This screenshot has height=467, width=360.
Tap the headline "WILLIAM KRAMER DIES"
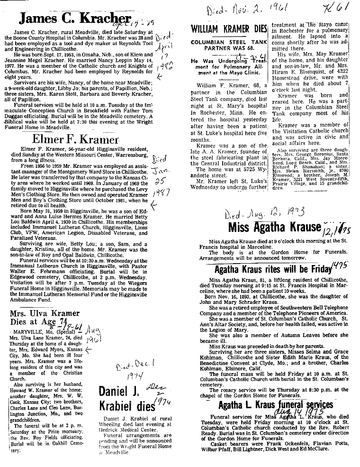pyautogui.click(x=229, y=28)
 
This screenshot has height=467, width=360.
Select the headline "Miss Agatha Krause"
pyautogui.click(x=274, y=227)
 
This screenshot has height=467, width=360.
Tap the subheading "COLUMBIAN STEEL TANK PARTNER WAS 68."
pyautogui.click(x=229, y=45)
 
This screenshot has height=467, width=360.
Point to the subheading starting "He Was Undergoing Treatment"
pyautogui.click(x=229, y=68)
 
